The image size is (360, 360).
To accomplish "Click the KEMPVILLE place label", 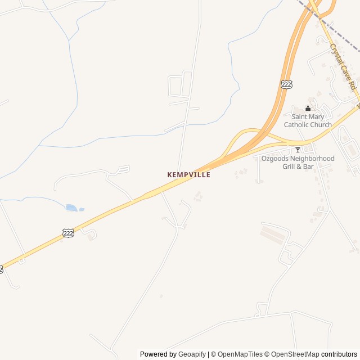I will point(188,175).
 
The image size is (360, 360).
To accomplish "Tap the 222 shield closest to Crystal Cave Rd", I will point(286,84).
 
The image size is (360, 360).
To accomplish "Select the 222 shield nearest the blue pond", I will point(69,233).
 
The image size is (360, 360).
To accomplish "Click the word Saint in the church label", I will point(302,116).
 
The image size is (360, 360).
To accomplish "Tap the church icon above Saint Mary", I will point(308,109).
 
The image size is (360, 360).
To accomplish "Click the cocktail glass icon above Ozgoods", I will point(298,150).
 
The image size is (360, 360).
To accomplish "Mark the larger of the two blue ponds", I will point(71,208).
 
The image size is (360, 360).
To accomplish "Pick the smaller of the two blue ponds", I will point(82,209).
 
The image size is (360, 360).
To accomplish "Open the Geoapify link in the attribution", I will point(192,354).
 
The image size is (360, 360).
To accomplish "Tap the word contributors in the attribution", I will point(339,354).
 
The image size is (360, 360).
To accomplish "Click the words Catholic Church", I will point(308,125).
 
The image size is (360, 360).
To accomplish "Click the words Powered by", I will point(158,354).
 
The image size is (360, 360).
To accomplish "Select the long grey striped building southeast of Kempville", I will point(274,232).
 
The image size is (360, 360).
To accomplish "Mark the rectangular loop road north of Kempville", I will point(179,84).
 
